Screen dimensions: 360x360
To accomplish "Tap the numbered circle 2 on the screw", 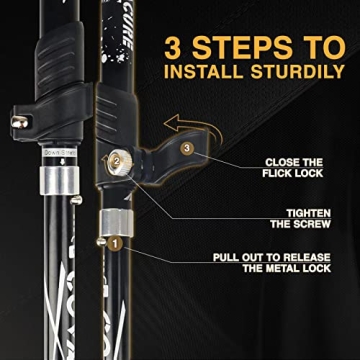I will pos(115,160).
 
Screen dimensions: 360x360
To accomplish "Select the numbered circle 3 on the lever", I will pos(186,148).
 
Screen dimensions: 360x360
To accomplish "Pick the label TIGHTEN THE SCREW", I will pos(299,218).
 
